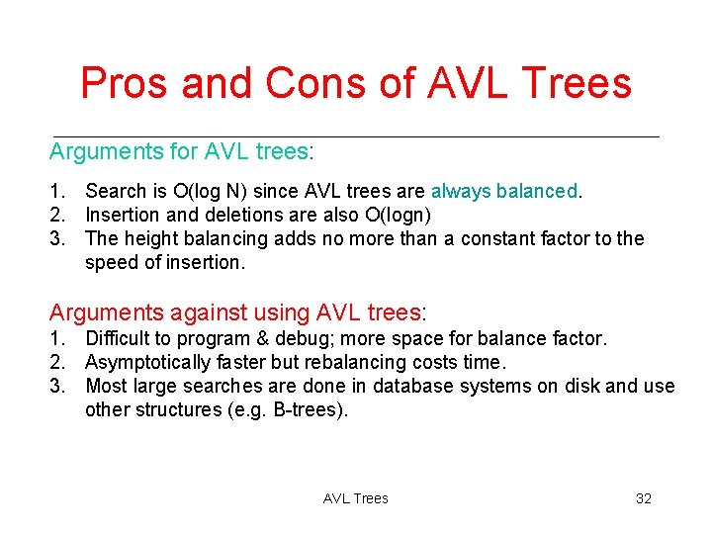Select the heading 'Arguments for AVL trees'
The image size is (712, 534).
pyautogui.click(x=179, y=151)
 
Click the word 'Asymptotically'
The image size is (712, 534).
pyautogui.click(x=146, y=362)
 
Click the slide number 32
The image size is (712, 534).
pyautogui.click(x=643, y=498)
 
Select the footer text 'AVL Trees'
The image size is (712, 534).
pyautogui.click(x=356, y=498)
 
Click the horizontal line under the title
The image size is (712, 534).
pyautogui.click(x=356, y=135)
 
